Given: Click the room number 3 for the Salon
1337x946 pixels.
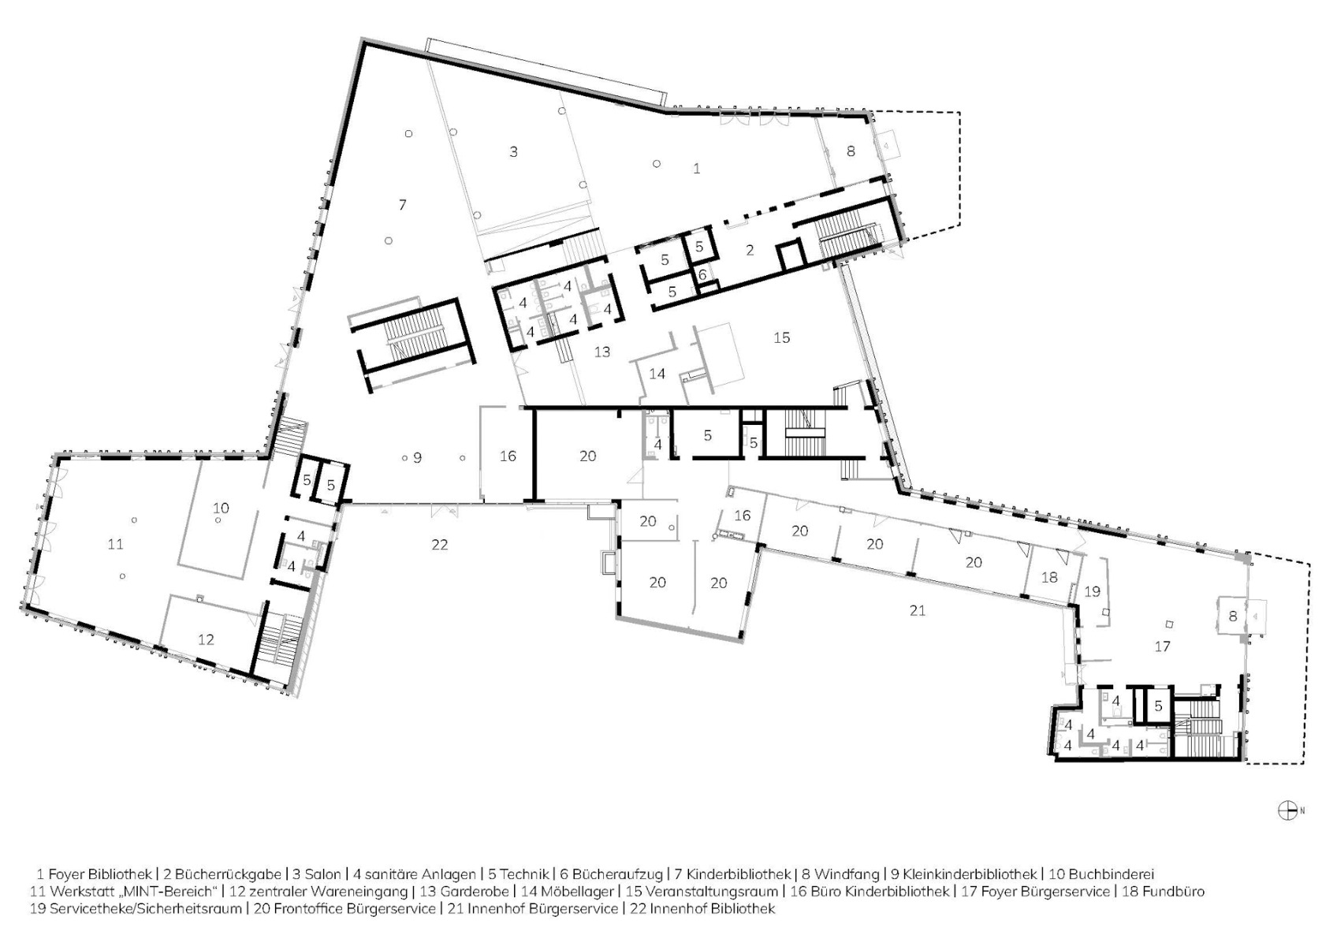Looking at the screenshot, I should (513, 151).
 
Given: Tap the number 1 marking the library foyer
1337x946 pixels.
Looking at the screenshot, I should (696, 169).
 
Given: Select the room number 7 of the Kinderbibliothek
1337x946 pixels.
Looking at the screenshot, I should (403, 205).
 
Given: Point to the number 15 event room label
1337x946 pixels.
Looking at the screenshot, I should (781, 337).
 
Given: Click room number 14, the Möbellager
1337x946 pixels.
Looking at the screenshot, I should (657, 374).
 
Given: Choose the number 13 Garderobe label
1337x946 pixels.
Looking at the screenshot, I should (602, 352).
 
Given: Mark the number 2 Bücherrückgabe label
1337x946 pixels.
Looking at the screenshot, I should (750, 250).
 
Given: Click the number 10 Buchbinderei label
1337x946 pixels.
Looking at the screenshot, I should (221, 508).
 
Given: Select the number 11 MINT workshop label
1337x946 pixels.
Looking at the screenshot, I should (116, 544).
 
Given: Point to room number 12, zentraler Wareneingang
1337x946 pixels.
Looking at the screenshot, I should (206, 639).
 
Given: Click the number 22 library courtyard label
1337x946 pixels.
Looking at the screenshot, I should (440, 544).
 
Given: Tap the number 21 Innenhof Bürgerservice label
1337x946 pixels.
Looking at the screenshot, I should (917, 610).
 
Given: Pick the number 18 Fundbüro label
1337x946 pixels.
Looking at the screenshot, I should (1049, 577).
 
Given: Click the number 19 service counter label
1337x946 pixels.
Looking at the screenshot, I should (1092, 590).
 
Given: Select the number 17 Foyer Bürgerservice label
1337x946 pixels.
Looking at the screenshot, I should (1162, 646).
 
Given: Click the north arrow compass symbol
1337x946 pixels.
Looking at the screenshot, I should (1287, 810).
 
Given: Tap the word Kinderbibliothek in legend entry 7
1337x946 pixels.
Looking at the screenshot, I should (739, 874).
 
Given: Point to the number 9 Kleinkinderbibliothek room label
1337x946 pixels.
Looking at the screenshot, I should (418, 457).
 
